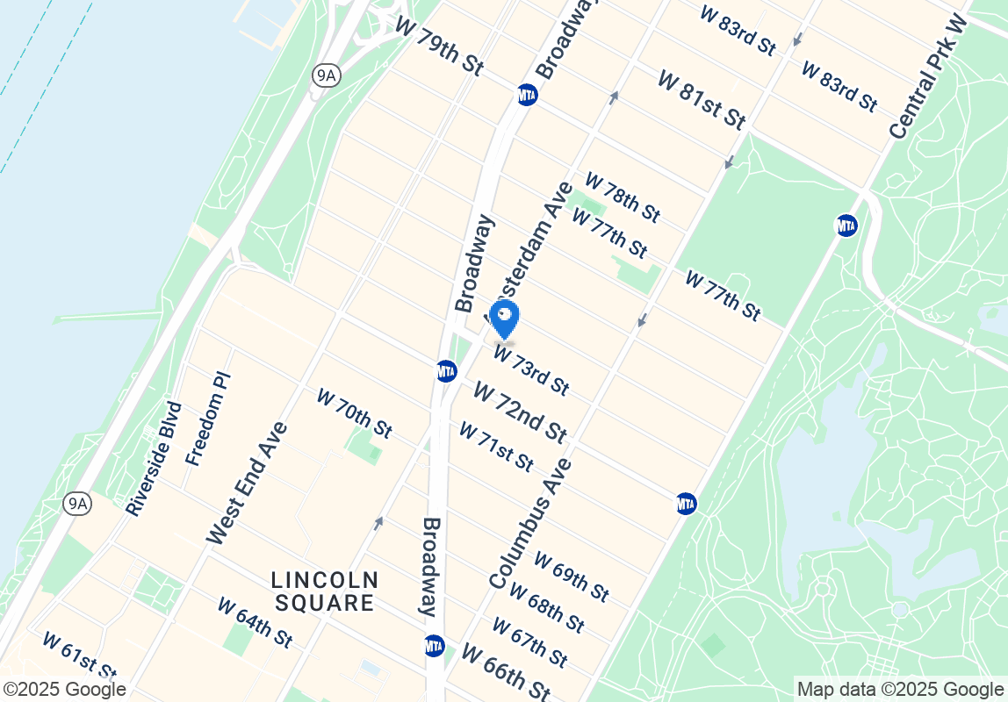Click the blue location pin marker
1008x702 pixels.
(x=506, y=319)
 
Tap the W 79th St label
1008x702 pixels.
(x=439, y=49)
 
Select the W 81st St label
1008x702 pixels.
(x=701, y=100)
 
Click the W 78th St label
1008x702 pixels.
(x=622, y=197)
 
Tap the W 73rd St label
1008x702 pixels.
(x=531, y=369)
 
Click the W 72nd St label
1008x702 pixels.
(x=519, y=412)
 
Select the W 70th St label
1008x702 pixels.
(x=354, y=413)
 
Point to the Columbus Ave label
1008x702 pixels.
(x=530, y=524)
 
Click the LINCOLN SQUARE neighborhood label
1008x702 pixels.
(x=324, y=591)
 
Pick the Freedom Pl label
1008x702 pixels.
(x=207, y=419)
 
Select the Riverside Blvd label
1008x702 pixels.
(x=154, y=459)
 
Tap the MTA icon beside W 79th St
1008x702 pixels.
(x=527, y=95)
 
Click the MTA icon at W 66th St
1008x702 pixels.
(x=434, y=646)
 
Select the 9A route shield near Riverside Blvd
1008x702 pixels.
(x=78, y=504)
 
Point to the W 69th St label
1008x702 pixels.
(x=571, y=577)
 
